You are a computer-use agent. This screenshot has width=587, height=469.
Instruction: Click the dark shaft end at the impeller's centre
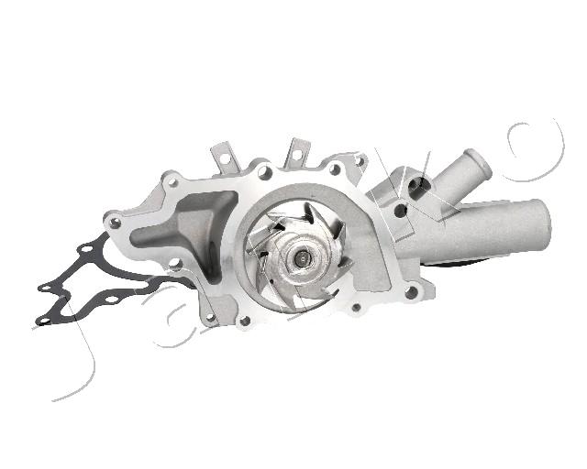pyautogui.click(x=300, y=257)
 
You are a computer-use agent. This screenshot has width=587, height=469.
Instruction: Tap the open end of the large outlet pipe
pyautogui.click(x=543, y=224)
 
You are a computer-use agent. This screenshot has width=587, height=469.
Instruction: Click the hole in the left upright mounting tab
pyautogui.click(x=225, y=158)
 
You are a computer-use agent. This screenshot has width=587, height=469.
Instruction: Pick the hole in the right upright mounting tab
pyautogui.click(x=296, y=155)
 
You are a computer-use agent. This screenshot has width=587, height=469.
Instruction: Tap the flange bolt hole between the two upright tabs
pyautogui.click(x=265, y=172)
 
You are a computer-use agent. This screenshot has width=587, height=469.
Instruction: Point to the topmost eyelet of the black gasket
pyautogui.click(x=86, y=249)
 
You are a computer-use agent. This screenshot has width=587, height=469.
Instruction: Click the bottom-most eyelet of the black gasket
pyautogui.click(x=44, y=321)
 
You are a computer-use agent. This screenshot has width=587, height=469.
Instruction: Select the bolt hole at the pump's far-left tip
pyautogui.click(x=114, y=224)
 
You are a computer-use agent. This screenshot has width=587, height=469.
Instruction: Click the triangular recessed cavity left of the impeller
pyautogui.click(x=187, y=228)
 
